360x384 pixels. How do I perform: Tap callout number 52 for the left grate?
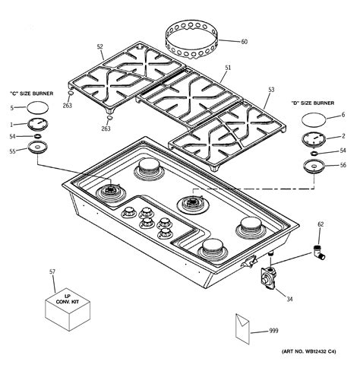(99, 47)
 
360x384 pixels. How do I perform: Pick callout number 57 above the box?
(52, 271)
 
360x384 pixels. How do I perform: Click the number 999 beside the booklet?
(274, 331)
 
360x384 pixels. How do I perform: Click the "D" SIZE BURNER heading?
(312, 103)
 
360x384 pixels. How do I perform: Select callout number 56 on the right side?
(343, 166)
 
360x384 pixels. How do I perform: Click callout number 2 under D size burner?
(343, 136)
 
